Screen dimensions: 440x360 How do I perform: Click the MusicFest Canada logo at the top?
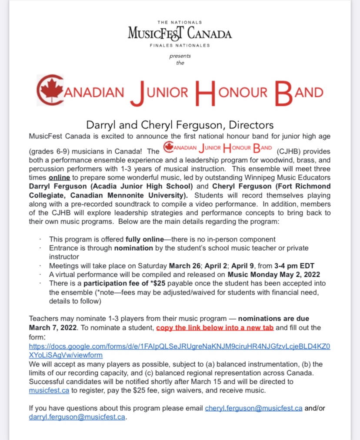[180, 34]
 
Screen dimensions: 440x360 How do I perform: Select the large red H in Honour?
[205, 92]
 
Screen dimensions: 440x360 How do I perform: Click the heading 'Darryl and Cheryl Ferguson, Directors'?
[180, 125]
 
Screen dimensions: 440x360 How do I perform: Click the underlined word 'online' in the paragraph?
[59, 178]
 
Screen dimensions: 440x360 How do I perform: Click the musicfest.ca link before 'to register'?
[49, 390]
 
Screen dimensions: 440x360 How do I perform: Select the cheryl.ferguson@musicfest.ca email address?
[253, 408]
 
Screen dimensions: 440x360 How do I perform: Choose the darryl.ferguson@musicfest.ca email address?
[77, 417]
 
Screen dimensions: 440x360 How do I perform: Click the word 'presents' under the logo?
[180, 56]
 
